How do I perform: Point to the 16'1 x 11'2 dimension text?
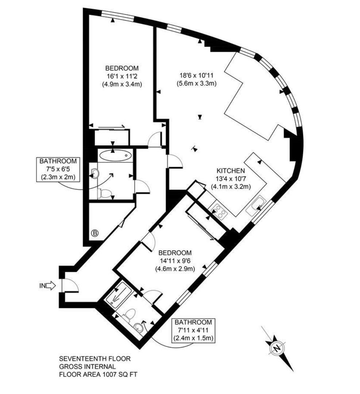click(x=122, y=76)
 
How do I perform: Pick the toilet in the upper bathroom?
click(x=105, y=193)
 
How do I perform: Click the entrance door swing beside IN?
click(x=70, y=285)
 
